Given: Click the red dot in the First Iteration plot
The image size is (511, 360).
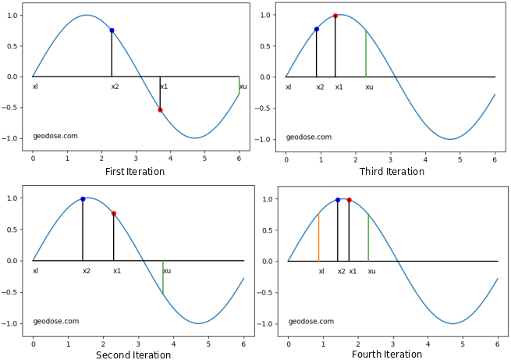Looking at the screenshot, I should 160,110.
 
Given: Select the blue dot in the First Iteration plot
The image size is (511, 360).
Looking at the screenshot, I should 112,30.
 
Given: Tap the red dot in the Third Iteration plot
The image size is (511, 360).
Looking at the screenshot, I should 335,16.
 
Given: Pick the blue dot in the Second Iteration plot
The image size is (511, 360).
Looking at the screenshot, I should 83,199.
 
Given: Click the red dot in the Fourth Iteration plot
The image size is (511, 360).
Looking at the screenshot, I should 349,200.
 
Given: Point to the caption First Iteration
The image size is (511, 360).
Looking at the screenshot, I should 134,172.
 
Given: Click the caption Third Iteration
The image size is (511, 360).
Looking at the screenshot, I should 392,172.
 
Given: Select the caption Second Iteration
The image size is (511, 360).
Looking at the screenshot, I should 133,355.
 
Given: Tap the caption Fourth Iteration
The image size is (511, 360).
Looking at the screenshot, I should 387,355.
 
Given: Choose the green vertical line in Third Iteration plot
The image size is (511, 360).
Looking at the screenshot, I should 366,54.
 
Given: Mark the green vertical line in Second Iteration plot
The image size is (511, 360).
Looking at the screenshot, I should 163,277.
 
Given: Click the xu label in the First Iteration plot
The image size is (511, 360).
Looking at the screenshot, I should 243,87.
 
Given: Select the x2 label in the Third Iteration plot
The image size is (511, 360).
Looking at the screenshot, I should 320,87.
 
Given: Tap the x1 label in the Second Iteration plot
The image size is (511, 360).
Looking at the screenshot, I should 117,271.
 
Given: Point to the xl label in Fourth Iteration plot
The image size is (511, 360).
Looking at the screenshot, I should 321,272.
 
